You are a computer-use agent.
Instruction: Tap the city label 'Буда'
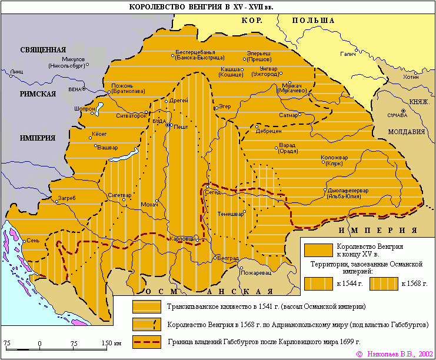click(x=158, y=121)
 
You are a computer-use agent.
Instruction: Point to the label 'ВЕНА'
click(x=74, y=89)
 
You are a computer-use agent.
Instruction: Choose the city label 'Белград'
click(x=228, y=258)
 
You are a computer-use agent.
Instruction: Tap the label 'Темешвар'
click(x=230, y=214)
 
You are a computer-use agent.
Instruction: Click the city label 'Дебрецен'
click(x=268, y=131)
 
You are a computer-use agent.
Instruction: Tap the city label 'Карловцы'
click(x=181, y=239)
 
